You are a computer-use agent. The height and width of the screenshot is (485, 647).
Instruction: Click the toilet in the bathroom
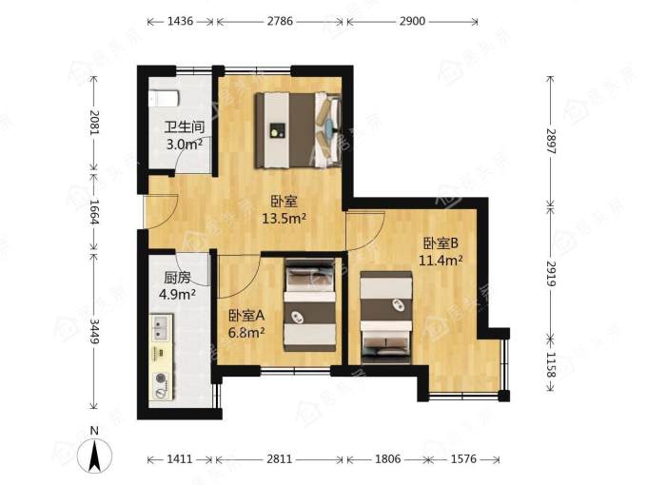[x=164, y=98]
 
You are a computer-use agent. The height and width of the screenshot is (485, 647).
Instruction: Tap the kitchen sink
[x=161, y=327]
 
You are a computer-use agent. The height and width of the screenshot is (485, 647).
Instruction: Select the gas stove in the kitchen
[x=162, y=385]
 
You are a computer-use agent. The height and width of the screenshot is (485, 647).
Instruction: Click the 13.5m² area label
[x=284, y=218]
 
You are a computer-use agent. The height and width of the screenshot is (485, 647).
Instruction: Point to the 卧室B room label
[x=441, y=243]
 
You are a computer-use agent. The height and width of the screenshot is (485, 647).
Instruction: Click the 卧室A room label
[x=246, y=316]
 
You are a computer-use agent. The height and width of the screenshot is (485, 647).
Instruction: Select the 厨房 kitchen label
[x=177, y=278]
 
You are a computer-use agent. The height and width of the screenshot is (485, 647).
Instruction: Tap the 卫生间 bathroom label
[x=185, y=126]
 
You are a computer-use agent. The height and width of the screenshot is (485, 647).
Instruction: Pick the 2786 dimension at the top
[x=280, y=21]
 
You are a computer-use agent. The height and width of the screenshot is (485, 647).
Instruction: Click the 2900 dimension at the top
[x=412, y=21]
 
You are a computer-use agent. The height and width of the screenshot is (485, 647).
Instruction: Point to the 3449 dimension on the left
[x=94, y=331]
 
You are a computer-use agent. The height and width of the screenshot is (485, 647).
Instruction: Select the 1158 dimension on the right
[x=551, y=364]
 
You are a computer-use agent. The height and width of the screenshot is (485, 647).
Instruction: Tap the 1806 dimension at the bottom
[x=387, y=458]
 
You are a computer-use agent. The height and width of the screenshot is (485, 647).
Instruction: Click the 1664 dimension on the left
[x=94, y=212]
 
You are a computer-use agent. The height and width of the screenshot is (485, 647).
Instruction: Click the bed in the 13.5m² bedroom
[x=299, y=130]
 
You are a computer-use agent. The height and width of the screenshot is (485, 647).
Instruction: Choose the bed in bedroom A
[x=310, y=305]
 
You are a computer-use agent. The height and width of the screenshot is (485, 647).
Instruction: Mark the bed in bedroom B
[x=385, y=318]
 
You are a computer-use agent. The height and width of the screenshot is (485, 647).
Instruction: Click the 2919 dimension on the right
[x=551, y=274]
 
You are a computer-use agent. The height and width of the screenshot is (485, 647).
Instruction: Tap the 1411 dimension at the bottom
[x=180, y=458]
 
